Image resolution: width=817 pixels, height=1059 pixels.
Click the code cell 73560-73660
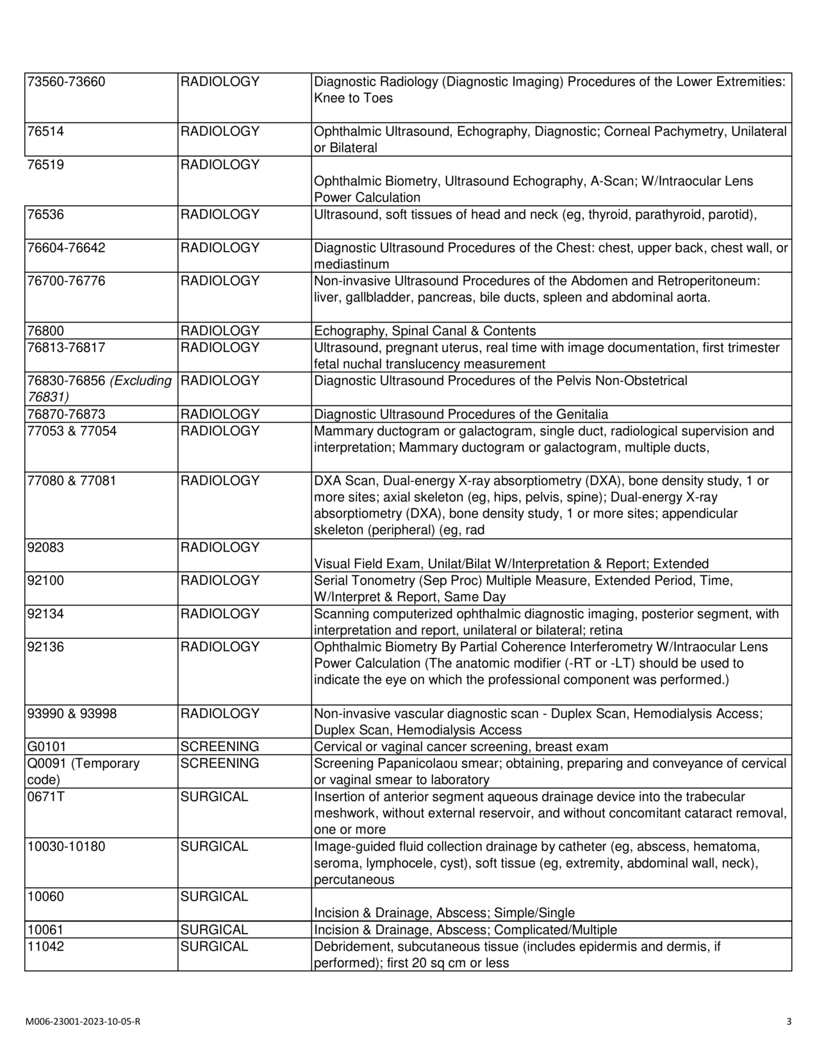click(x=66, y=82)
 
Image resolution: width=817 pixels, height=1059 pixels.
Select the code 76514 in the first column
click(x=45, y=131)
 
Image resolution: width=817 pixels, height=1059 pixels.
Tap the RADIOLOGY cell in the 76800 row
click(x=220, y=331)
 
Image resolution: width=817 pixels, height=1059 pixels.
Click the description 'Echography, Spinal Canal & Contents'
click(x=425, y=331)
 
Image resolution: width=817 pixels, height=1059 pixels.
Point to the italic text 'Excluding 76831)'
click(x=99, y=389)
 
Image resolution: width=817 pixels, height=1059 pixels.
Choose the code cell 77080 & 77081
click(x=72, y=481)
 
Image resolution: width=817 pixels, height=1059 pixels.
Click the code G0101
click(x=47, y=747)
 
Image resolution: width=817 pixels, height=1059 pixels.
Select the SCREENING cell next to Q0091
click(x=220, y=763)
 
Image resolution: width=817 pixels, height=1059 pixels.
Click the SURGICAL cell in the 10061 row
click(x=214, y=930)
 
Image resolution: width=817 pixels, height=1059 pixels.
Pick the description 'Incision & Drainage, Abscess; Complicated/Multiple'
click(x=465, y=930)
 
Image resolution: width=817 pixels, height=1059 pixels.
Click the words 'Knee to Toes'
click(x=353, y=98)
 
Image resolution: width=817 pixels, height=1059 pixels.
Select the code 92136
click(x=45, y=647)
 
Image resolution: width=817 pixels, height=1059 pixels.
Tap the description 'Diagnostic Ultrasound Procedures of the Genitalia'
click(x=461, y=414)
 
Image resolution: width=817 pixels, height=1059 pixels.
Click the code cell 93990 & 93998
click(x=72, y=713)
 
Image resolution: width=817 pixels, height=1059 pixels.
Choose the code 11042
click(x=45, y=947)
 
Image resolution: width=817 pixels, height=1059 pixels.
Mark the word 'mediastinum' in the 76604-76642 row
click(x=351, y=264)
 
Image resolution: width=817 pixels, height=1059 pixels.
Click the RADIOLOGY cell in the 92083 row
click(x=220, y=548)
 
